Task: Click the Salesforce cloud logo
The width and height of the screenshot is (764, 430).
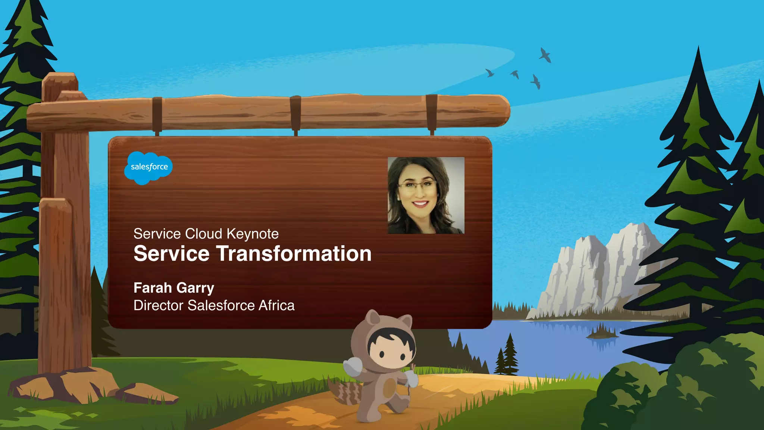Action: (148, 167)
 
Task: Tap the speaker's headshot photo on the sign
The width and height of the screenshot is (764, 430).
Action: (426, 195)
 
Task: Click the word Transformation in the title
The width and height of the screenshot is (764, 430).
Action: (294, 254)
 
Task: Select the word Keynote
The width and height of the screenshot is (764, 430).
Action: (253, 234)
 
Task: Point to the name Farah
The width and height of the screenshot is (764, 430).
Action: (153, 288)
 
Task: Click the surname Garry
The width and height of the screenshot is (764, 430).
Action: (195, 288)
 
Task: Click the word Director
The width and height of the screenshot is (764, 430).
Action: (159, 305)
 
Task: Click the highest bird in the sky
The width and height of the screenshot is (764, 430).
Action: (545, 55)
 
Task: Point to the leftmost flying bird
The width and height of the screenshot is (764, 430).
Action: (489, 73)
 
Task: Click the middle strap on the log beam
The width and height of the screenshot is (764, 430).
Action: (295, 114)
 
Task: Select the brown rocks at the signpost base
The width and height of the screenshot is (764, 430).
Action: (67, 384)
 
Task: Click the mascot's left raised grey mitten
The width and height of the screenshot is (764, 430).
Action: (353, 366)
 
